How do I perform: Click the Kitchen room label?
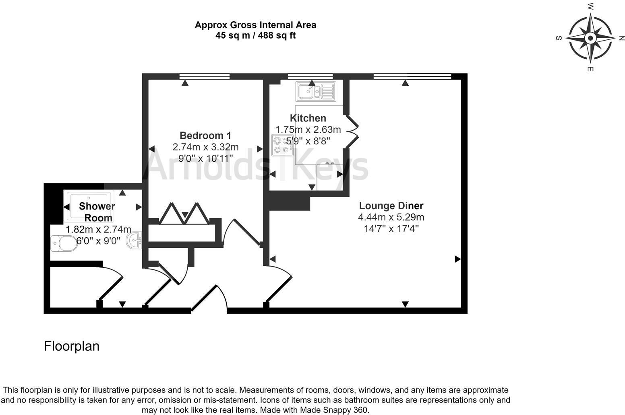pos(308,118)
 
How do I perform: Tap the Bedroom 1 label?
pos(205,136)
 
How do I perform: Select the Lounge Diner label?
pos(391,206)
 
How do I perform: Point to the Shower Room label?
pos(97,212)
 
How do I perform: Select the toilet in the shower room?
pos(63,243)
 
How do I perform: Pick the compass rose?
pos(590,38)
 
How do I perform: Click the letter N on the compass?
pos(621,38)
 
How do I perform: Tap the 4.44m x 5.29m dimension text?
pos(391,218)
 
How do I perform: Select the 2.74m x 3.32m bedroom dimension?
pos(205,147)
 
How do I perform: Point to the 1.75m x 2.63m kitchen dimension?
pos(308,129)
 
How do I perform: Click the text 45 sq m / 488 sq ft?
pos(255,35)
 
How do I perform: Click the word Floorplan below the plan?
pos(72,346)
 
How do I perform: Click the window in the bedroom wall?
pos(204,76)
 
